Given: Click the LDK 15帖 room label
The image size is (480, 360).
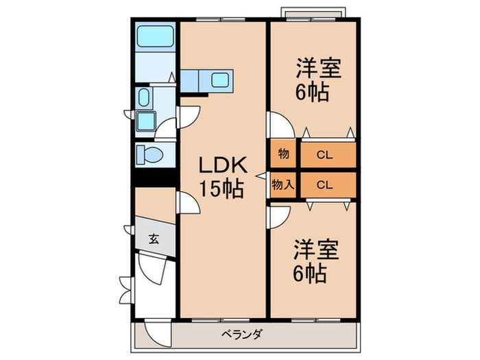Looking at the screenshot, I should tap(221, 176).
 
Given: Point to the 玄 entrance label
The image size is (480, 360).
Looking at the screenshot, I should tap(154, 239).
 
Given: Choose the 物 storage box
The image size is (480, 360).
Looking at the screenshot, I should tap(283, 155).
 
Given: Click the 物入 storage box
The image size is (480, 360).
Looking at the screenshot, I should tap(283, 184).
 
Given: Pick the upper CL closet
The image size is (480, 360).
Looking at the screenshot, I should tap(326, 155).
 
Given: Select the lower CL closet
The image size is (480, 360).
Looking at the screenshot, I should tap(326, 184).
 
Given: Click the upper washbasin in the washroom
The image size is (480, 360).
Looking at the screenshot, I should tap(145, 97).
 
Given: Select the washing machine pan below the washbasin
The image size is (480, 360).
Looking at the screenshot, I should tap(145, 121).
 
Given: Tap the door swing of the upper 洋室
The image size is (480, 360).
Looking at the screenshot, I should tap(281, 124).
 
